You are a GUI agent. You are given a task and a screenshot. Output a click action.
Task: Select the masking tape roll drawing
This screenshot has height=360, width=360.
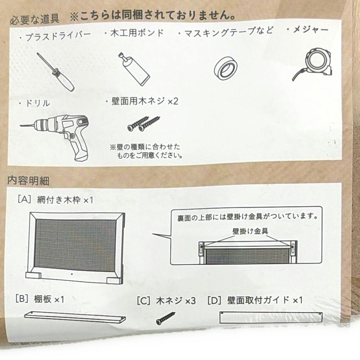[x=226, y=68]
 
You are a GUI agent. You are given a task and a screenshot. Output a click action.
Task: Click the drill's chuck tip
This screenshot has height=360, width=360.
[x=21, y=126]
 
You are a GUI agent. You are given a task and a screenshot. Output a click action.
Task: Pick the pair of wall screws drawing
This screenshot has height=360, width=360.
[x=144, y=124]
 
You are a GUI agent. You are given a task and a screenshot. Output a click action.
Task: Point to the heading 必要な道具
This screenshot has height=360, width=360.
[x=35, y=19]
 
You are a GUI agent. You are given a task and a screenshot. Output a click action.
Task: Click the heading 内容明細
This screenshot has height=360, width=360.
[x=28, y=180]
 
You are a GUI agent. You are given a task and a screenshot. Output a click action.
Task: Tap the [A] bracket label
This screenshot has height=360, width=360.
[x=24, y=199]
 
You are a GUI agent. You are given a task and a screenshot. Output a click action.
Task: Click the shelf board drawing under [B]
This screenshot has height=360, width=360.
[x=75, y=317]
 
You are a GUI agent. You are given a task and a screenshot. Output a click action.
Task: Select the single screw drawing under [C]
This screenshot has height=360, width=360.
[x=166, y=318]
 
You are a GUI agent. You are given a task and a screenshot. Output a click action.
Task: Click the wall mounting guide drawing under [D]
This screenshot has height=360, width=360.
[x=271, y=318]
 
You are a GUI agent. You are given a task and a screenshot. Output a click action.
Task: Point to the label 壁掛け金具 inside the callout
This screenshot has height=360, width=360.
[x=250, y=231]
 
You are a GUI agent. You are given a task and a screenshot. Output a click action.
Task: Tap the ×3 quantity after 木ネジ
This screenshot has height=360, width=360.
[x=190, y=301]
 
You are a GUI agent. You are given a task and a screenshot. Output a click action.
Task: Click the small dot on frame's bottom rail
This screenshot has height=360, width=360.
[x=72, y=274]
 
